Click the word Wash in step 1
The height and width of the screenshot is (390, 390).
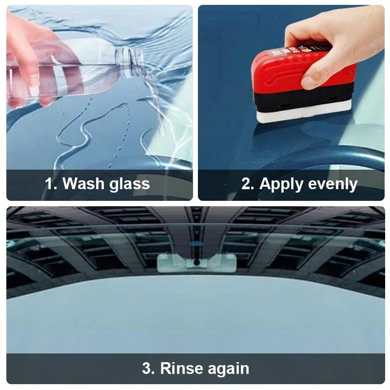pyautogui.click(x=83, y=184)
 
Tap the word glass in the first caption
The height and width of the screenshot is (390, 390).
pyautogui.click(x=129, y=185)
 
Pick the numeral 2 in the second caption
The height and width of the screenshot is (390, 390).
pyautogui.click(x=247, y=184)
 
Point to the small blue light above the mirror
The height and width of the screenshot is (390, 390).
pyautogui.click(x=196, y=245)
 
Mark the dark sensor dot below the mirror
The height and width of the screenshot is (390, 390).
pyautogui.click(x=196, y=262)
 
